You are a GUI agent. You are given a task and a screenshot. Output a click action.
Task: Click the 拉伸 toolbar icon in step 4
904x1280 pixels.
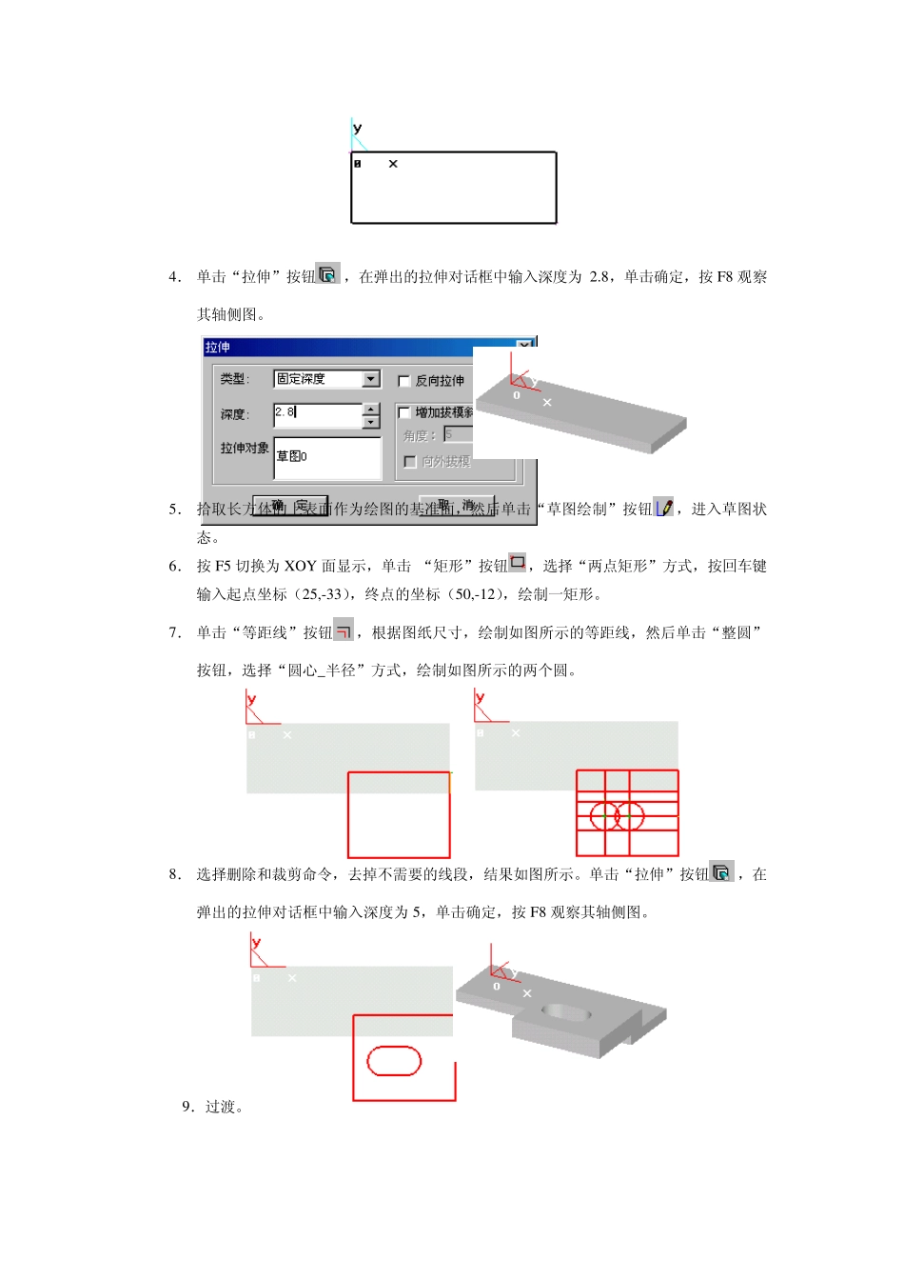[x=327, y=274]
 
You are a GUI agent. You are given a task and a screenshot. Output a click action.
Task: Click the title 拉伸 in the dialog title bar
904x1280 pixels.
[x=218, y=348]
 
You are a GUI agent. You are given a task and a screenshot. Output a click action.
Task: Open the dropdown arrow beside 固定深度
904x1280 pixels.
[x=371, y=379]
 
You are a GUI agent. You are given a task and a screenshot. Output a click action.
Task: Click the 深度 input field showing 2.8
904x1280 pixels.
[x=318, y=414]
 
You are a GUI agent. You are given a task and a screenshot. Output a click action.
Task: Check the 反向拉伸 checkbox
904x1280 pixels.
[x=404, y=381]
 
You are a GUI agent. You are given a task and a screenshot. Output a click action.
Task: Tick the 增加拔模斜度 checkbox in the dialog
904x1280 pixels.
[x=404, y=412]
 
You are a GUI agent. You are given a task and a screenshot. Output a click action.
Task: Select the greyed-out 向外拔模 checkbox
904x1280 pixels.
[x=410, y=462]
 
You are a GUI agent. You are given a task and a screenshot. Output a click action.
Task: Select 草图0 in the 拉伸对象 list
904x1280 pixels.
[x=292, y=456]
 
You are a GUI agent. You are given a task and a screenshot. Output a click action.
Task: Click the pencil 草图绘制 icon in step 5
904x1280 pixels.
[x=664, y=508]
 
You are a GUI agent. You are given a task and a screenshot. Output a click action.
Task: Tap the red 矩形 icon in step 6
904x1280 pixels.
[x=517, y=563]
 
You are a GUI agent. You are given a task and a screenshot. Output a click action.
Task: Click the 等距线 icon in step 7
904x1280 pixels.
[x=344, y=630]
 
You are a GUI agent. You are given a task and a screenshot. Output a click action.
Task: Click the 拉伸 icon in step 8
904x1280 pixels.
[x=721, y=871]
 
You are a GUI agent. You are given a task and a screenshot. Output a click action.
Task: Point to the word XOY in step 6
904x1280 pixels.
[x=300, y=567]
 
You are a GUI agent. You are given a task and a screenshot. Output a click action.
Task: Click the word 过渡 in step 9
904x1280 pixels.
[x=220, y=1107]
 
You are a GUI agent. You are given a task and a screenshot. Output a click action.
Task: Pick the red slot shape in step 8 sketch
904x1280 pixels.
[x=394, y=1061]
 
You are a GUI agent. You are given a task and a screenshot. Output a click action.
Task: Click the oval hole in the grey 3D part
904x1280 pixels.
[x=567, y=1011]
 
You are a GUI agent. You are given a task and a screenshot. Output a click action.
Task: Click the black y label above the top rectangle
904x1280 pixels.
[x=357, y=129]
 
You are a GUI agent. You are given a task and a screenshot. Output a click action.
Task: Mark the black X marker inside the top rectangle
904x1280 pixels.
[x=393, y=164]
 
